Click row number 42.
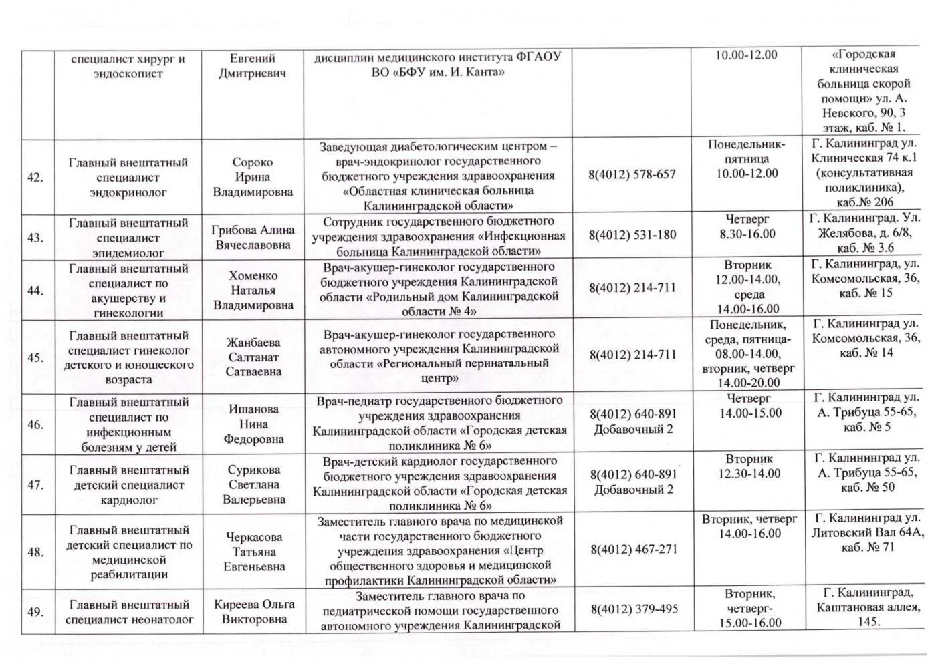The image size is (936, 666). tap(35, 178)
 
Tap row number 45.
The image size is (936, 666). tap(35, 358)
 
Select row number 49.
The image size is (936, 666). tap(35, 612)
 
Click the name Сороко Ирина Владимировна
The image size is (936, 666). tap(253, 177)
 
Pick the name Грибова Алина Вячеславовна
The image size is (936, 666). tap(253, 237)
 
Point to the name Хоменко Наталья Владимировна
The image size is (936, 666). tap(253, 291)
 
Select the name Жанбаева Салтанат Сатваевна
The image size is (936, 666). tap(253, 357)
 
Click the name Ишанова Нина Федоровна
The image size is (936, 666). tap(253, 424)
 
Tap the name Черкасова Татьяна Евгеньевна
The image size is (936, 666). tap(253, 552)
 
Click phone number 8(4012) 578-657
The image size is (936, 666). tap(632, 174)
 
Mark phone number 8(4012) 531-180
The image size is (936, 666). tap(632, 235)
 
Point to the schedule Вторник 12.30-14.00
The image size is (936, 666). tap(749, 466)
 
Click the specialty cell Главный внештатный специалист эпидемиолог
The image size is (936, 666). tap(128, 238)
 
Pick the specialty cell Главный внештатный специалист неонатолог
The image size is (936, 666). tap(129, 612)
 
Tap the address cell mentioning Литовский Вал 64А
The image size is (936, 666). tap(867, 532)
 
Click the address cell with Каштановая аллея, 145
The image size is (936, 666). tap(867, 607)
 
